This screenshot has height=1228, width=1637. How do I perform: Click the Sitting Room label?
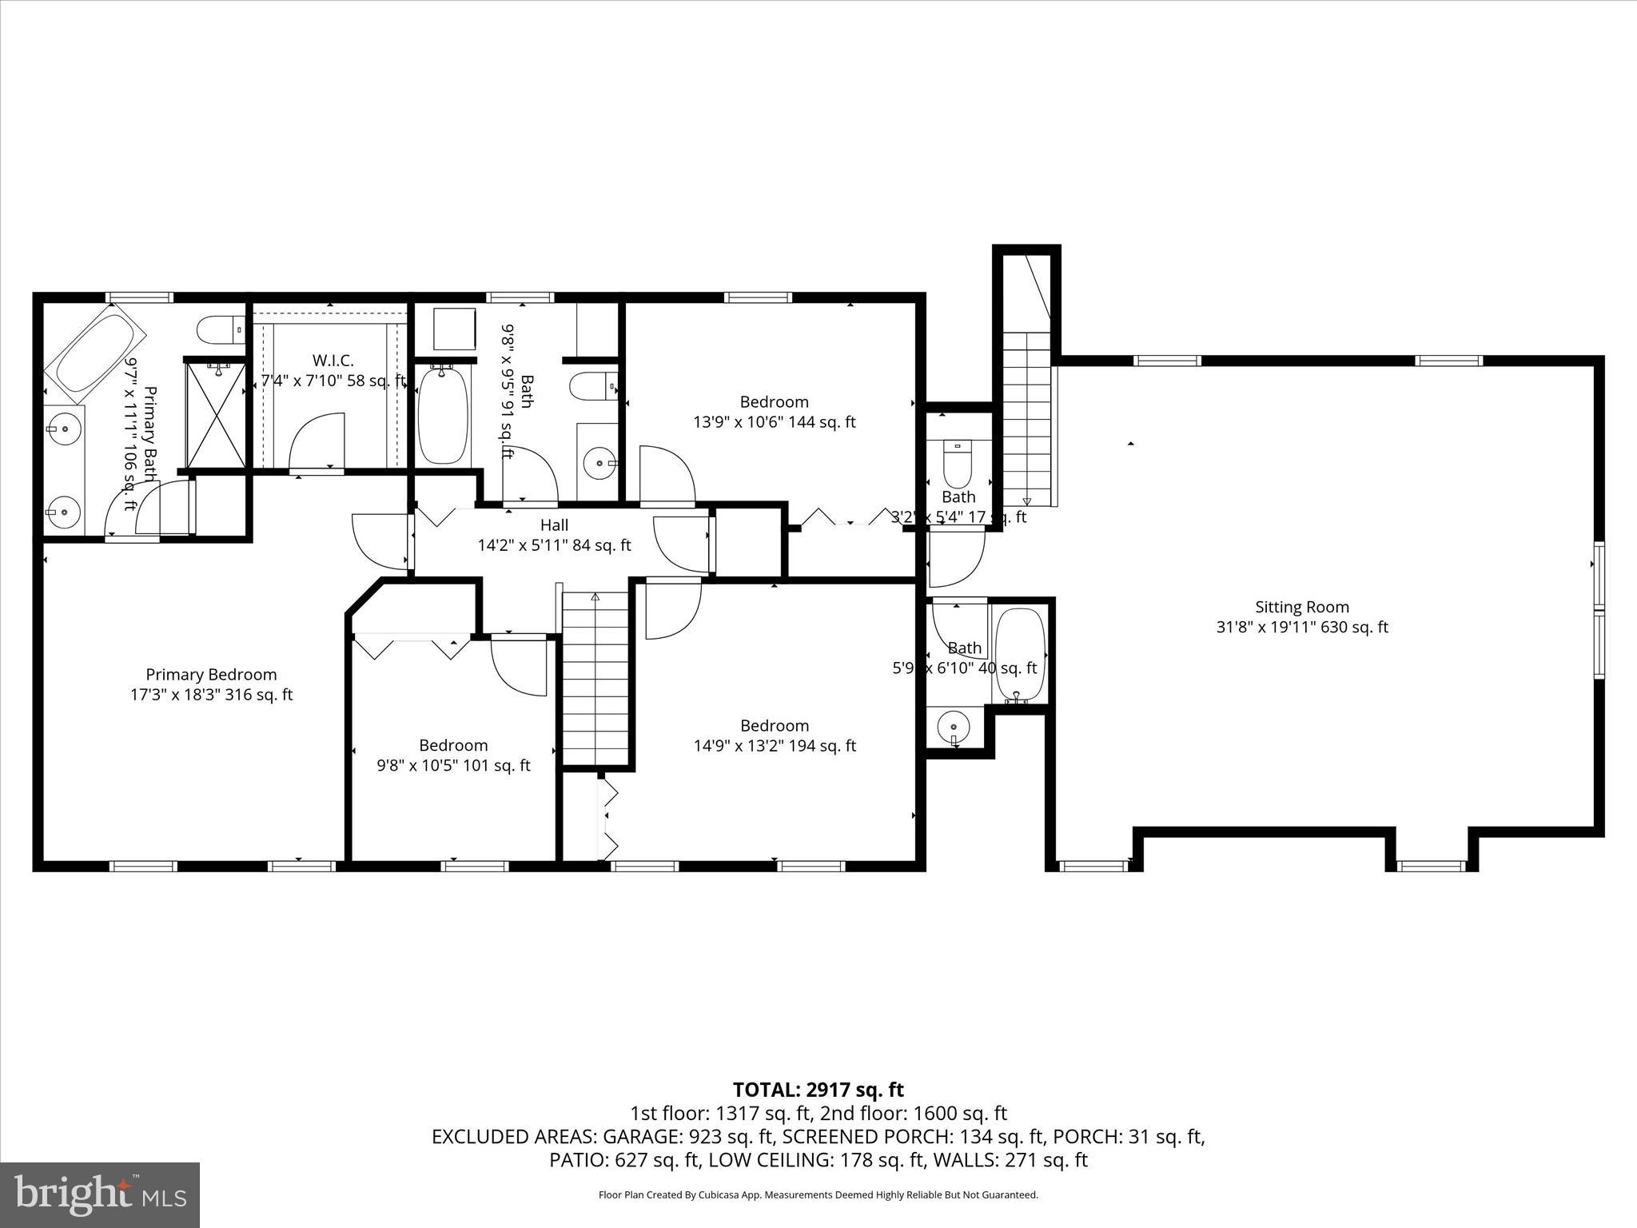pyautogui.click(x=1301, y=607)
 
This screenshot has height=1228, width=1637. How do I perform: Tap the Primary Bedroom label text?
pyautogui.click(x=211, y=675)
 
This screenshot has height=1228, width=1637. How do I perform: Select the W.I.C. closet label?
pyautogui.click(x=333, y=361)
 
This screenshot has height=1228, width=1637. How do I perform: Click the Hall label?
pyautogui.click(x=554, y=525)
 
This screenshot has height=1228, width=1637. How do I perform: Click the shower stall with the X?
pyautogui.click(x=217, y=415)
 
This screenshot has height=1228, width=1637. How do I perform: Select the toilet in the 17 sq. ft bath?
pyautogui.click(x=957, y=462)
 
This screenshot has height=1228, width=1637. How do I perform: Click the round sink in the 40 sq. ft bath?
pyautogui.click(x=954, y=728)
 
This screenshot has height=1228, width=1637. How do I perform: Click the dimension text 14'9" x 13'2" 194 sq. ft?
pyautogui.click(x=775, y=746)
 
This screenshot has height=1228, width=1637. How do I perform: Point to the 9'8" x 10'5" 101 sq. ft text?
pyautogui.click(x=453, y=766)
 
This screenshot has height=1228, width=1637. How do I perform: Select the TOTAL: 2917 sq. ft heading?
pyautogui.click(x=818, y=1090)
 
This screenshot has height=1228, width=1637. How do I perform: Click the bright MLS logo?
pyautogui.click(x=100, y=1194)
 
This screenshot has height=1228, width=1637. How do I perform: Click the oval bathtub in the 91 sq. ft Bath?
pyautogui.click(x=442, y=415)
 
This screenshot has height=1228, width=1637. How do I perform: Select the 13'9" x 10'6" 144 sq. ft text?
pyautogui.click(x=774, y=422)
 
